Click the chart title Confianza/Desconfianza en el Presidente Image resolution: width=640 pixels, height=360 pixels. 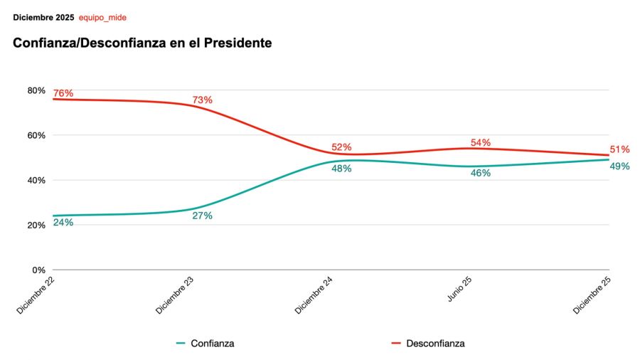coord(142,43)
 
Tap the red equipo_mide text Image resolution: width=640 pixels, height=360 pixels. coord(102,17)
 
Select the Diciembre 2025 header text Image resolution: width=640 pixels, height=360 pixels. coord(43,17)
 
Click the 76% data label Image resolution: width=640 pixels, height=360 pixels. coord(63,93)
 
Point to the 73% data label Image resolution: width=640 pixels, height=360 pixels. coord(202,100)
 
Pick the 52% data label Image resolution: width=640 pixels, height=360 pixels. coord(341,147)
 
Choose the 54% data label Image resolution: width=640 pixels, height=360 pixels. coord(481,142)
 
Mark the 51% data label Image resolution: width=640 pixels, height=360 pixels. coord(619,149)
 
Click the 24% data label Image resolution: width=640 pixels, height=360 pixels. coord(63,222)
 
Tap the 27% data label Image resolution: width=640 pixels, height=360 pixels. coord(202,216)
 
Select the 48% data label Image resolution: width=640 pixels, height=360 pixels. coord(341,169)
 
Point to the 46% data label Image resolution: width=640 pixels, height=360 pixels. coord(481,173)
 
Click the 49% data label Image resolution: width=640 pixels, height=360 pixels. coord(619,166)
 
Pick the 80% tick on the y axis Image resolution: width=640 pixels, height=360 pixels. coord(36,90)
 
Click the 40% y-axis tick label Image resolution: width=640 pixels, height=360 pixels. coord(36,180)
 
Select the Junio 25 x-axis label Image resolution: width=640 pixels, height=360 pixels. coord(460,290)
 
